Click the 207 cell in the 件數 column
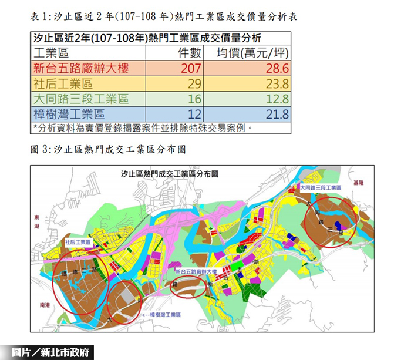[191, 68]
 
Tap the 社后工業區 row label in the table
[63, 83]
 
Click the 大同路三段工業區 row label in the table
[81, 99]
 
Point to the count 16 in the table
[194, 99]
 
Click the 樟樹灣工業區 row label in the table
[69, 114]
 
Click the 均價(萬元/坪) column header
[253, 53]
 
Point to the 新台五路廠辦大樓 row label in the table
[81, 68]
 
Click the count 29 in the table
[194, 83]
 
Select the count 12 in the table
[194, 114]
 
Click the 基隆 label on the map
[359, 183]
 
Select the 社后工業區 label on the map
[78, 241]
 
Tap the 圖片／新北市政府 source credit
[53, 352]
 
